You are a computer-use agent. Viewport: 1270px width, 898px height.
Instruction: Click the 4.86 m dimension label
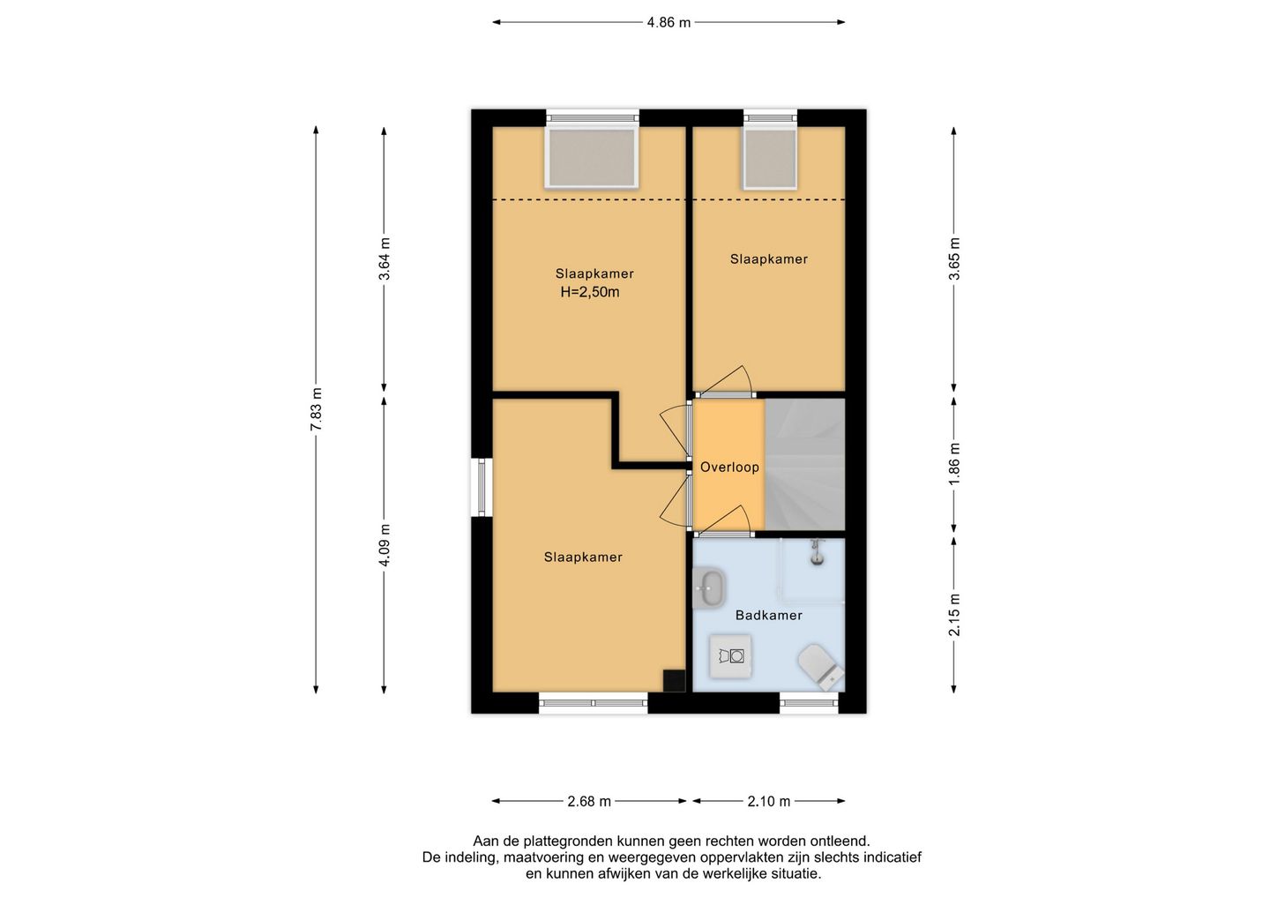(669, 23)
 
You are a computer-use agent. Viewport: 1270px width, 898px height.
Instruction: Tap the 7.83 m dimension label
(317, 408)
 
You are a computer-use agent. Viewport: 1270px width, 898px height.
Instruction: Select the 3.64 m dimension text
(385, 258)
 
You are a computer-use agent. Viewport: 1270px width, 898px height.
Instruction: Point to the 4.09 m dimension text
(385, 545)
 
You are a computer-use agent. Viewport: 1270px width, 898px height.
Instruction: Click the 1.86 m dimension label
(955, 464)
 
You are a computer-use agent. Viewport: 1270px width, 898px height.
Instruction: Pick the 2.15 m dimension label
(955, 615)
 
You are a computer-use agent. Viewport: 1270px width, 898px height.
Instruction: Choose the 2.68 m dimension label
(590, 801)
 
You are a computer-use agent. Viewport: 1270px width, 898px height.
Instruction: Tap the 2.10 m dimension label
(769, 801)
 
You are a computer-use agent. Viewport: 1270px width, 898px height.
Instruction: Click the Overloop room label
(729, 468)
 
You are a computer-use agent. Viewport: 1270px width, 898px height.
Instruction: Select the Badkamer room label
(769, 615)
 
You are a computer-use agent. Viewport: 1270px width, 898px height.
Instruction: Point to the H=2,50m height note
(590, 293)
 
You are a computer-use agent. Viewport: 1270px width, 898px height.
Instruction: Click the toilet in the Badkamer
(820, 667)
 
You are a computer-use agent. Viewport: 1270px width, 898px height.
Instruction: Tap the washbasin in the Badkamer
(709, 588)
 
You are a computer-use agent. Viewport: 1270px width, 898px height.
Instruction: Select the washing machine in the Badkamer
(731, 656)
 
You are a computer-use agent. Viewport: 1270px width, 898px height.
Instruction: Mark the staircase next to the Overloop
(805, 465)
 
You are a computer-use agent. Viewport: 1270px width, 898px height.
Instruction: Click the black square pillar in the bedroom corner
(675, 681)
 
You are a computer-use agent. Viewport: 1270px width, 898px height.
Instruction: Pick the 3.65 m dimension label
(955, 258)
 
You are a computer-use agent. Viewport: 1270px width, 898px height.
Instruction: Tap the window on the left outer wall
(482, 488)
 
